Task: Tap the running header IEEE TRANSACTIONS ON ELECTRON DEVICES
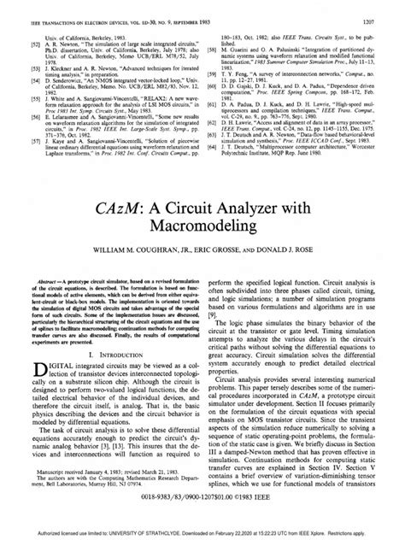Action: tap(60, 8)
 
